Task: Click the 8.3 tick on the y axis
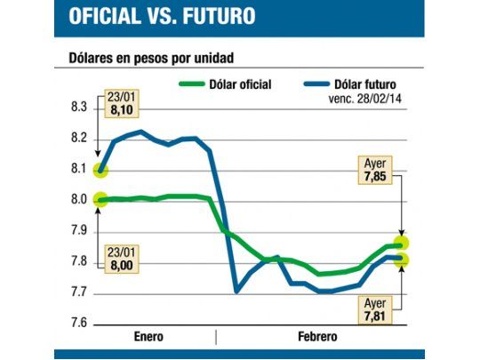pos(78,108)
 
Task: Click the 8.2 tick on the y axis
pos(78,139)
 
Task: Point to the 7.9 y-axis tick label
pos(78,231)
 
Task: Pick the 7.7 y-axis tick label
pos(78,292)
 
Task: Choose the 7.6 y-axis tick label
pos(78,324)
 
